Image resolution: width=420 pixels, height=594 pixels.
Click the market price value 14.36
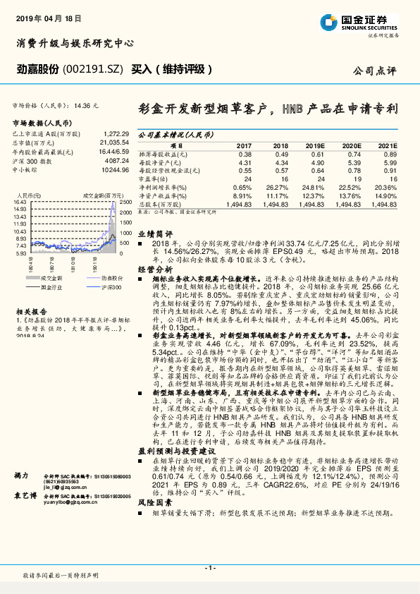click(x=91, y=104)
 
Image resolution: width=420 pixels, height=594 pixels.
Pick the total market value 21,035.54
click(x=114, y=142)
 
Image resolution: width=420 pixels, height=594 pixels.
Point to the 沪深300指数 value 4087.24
click(x=115, y=161)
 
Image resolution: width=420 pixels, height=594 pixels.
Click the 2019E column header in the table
click(x=315, y=145)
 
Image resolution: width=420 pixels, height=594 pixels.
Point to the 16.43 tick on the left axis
click(x=19, y=202)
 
